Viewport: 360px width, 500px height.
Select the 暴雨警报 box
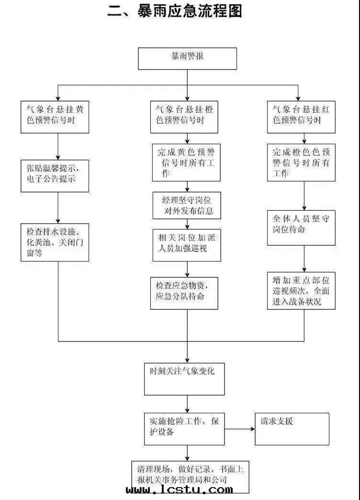click(187, 58)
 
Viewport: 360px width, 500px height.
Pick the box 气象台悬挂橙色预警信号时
click(185, 116)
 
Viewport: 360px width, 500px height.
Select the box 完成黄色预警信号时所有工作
click(186, 163)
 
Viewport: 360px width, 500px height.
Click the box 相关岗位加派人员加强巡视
click(186, 244)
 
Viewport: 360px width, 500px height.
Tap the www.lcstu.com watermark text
click(180, 490)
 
